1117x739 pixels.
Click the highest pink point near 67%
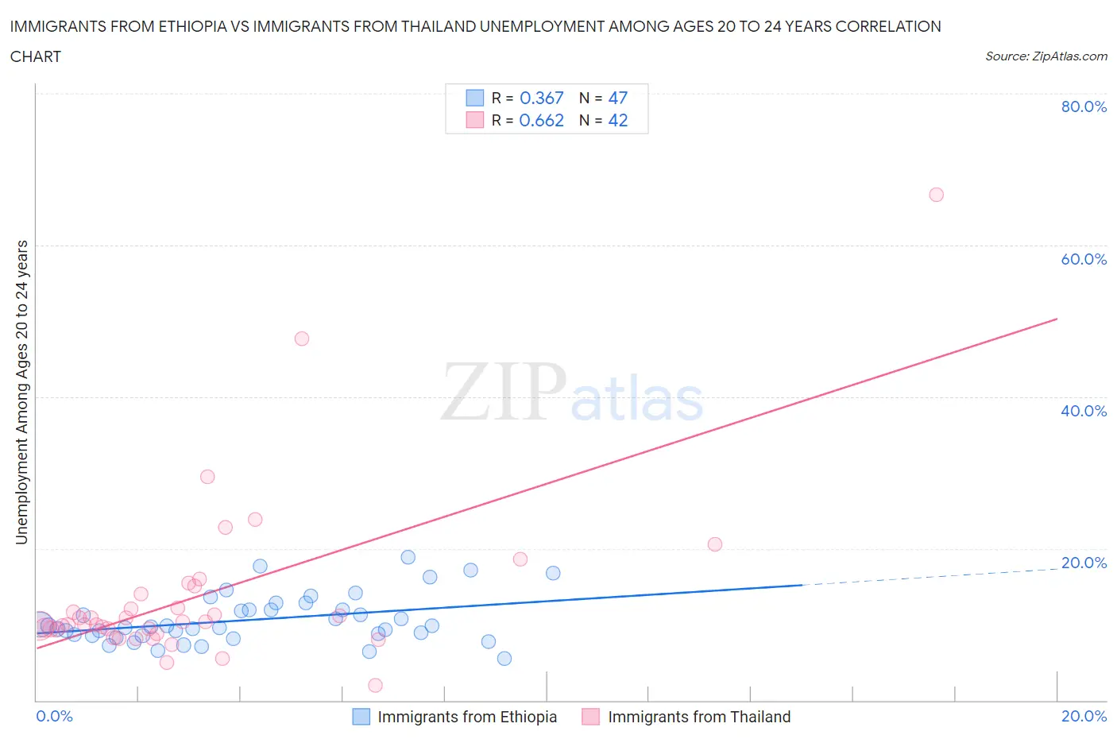point(936,195)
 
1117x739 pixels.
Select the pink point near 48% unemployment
point(301,339)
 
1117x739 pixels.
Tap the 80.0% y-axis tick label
point(1084,106)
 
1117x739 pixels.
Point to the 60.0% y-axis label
point(1084,259)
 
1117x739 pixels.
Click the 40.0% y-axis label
point(1084,411)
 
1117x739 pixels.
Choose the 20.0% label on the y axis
point(1084,563)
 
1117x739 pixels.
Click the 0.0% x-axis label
point(54,716)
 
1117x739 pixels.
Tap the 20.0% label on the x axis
point(1084,716)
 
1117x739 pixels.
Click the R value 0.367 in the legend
point(541,98)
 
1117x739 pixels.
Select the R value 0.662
point(541,120)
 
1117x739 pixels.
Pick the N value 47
point(617,98)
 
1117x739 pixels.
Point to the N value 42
point(617,120)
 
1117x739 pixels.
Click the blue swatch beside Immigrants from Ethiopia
point(361,717)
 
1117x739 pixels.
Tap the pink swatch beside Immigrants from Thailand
point(590,717)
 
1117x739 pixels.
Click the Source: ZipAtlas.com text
point(1045,56)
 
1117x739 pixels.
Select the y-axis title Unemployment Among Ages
point(21,393)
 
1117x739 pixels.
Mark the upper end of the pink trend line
point(1057,319)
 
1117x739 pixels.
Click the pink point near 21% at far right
point(714,544)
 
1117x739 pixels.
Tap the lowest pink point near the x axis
point(375,685)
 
